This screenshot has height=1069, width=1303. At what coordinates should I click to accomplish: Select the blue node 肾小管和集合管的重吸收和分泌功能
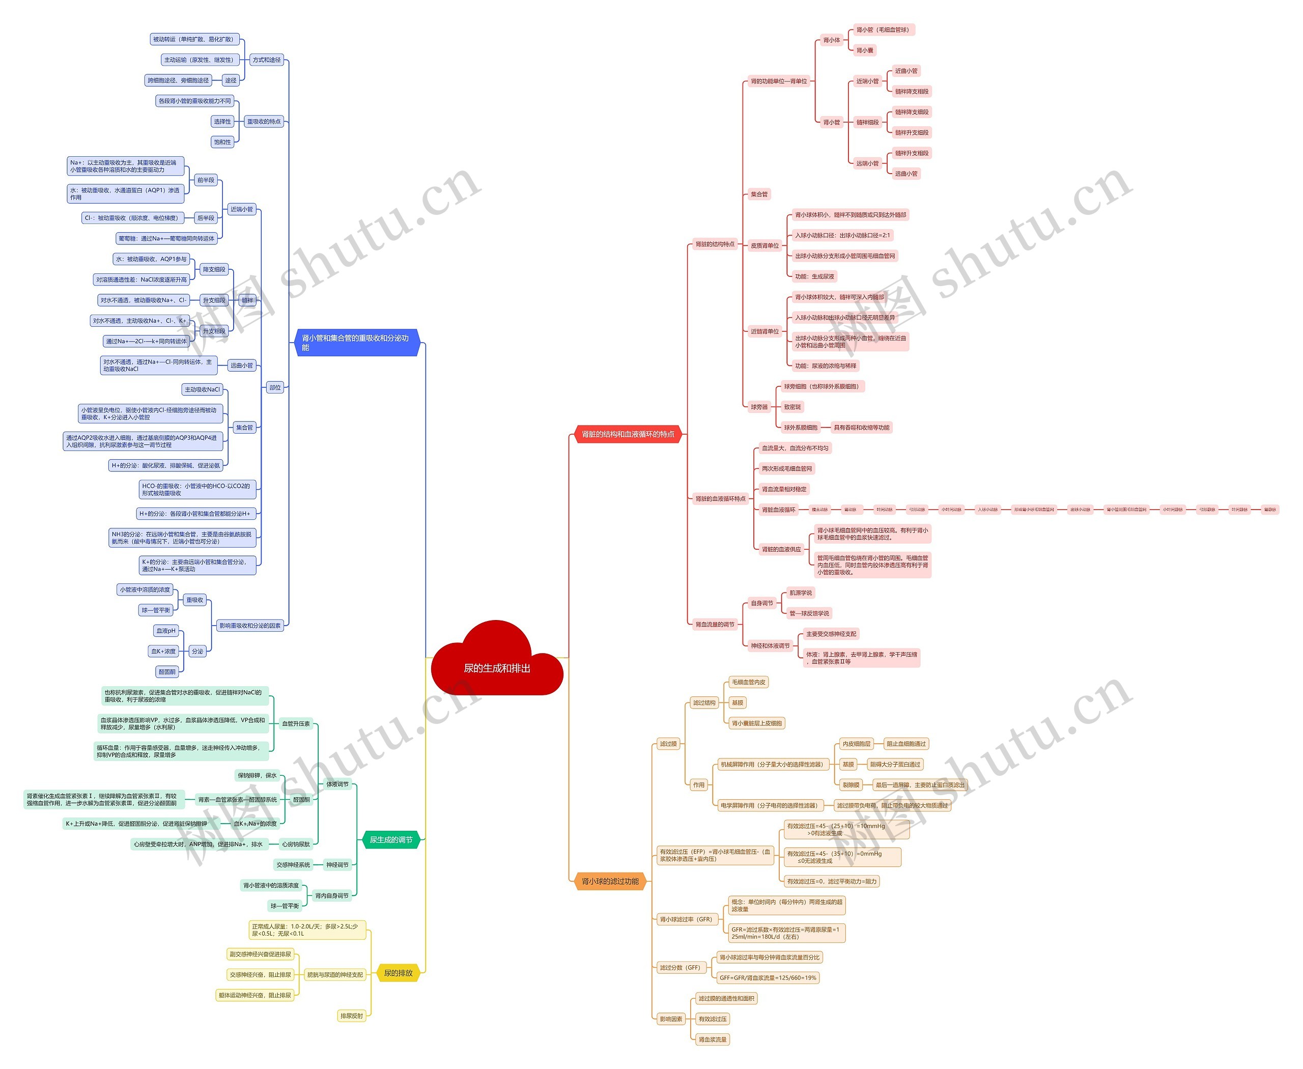[x=356, y=343]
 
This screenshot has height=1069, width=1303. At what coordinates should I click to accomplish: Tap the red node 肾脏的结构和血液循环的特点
[x=628, y=434]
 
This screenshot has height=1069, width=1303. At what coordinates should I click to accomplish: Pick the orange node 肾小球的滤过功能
[x=610, y=881]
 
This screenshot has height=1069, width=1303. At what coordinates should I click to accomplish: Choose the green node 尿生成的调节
[x=390, y=839]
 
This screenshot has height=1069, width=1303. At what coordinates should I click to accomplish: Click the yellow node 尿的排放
[x=398, y=973]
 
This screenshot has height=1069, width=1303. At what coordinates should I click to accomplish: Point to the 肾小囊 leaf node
[x=865, y=50]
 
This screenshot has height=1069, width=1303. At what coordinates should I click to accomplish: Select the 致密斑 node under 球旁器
[x=792, y=407]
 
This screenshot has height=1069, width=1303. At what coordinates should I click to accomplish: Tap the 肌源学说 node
[x=801, y=593]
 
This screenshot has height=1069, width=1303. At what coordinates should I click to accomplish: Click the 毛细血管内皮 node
[x=748, y=682]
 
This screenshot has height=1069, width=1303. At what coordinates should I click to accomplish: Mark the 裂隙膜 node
[x=851, y=785]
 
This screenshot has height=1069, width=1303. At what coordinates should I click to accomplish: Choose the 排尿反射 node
[x=352, y=1016]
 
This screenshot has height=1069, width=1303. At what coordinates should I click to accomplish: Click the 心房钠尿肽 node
[x=296, y=844]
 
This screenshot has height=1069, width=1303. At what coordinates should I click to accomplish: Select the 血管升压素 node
[x=296, y=723]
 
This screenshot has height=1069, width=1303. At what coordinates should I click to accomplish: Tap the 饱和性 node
[x=222, y=142]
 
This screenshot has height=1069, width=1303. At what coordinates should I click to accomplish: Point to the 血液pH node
[x=165, y=631]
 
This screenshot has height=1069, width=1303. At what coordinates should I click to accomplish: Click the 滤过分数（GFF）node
[x=680, y=967]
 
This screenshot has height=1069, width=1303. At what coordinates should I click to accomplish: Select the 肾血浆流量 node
[x=712, y=1039]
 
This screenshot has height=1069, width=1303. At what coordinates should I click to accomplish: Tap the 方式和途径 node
[x=266, y=60]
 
